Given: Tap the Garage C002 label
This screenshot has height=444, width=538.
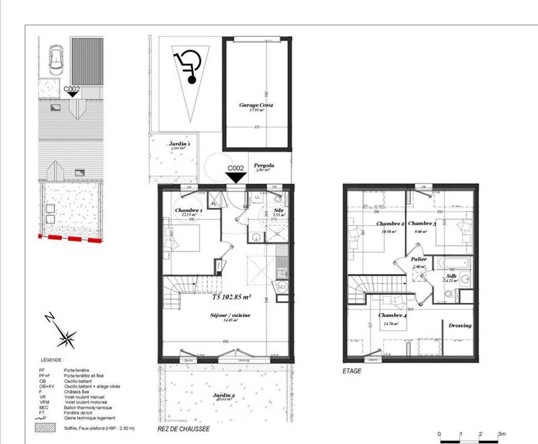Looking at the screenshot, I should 256,106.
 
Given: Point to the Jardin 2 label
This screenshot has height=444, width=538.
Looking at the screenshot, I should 223,396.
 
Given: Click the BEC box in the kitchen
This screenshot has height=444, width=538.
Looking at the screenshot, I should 282,287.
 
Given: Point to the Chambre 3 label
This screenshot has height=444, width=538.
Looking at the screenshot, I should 422,224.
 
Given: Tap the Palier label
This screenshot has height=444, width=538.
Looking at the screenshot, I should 420,259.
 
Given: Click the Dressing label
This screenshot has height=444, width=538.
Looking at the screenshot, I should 460,326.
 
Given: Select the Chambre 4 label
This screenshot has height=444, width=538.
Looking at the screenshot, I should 392,316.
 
